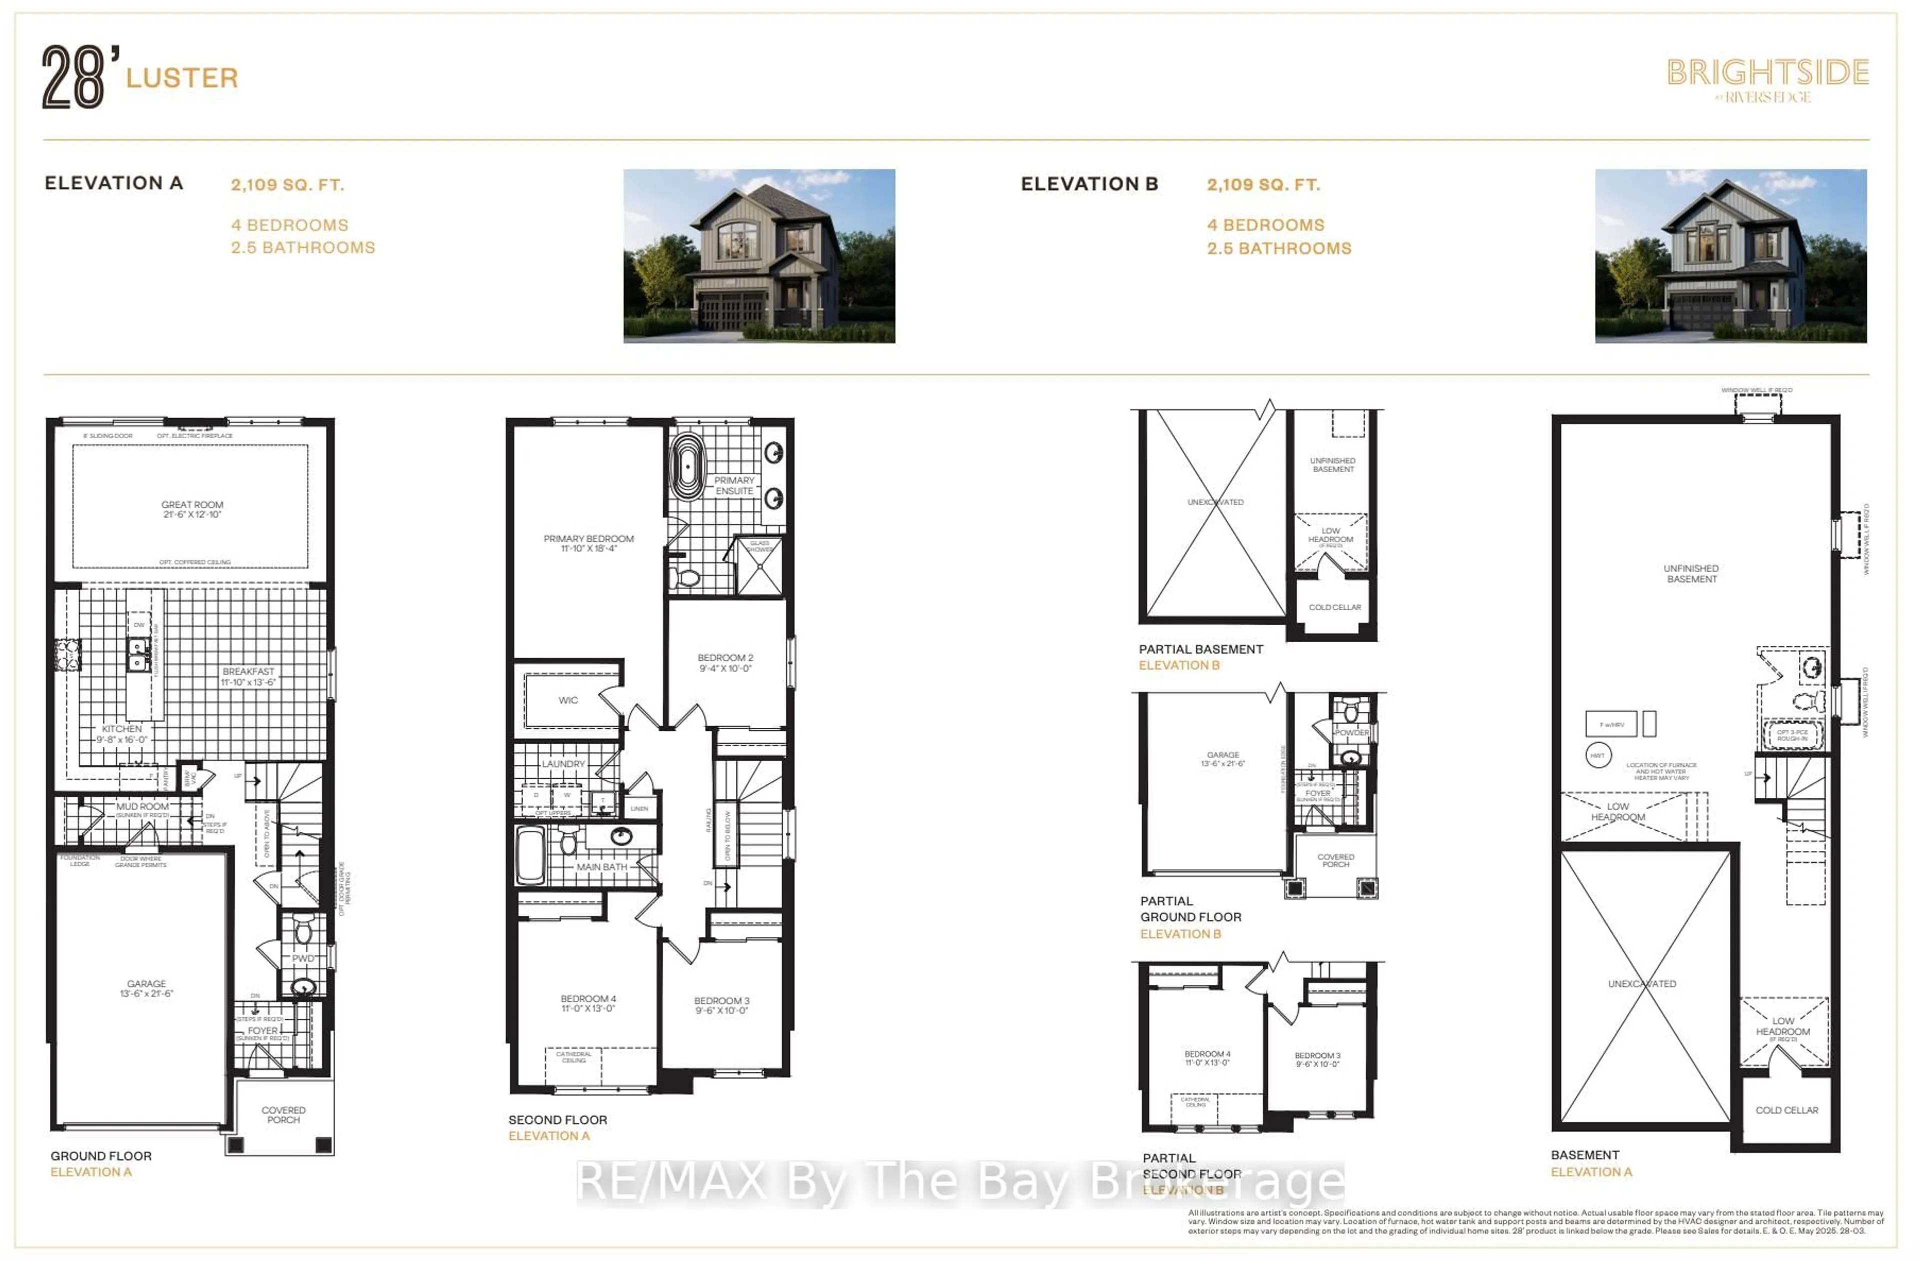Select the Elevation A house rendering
pyautogui.click(x=758, y=256)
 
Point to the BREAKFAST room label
pyautogui.click(x=248, y=676)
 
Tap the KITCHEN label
pyautogui.click(x=122, y=733)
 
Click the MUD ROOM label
pyautogui.click(x=143, y=806)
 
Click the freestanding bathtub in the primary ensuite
pyautogui.click(x=687, y=466)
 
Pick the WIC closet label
pyautogui.click(x=568, y=700)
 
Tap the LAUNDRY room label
pyautogui.click(x=563, y=763)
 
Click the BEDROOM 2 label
pyautogui.click(x=724, y=662)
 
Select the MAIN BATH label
pyautogui.click(x=601, y=867)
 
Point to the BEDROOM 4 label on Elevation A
pyautogui.click(x=588, y=1003)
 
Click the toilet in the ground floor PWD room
pyautogui.click(x=302, y=932)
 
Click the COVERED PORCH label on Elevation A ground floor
pyautogui.click(x=283, y=1115)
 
